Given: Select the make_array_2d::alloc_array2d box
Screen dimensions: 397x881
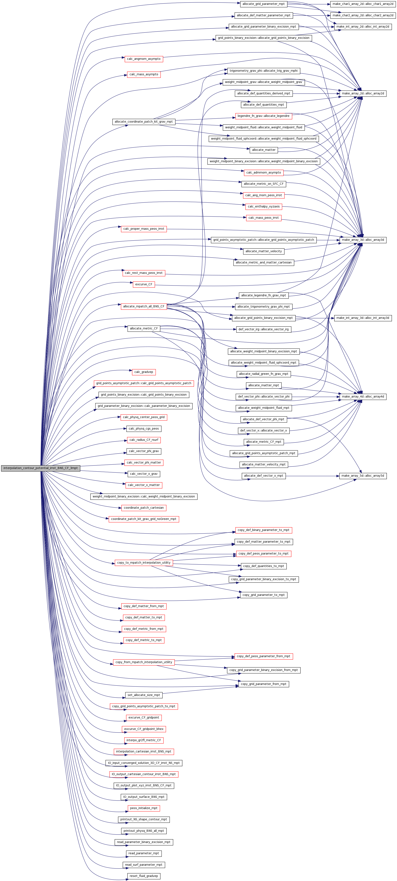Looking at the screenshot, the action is pos(363,93).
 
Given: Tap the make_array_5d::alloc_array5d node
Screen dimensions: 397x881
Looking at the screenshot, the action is pos(363,476).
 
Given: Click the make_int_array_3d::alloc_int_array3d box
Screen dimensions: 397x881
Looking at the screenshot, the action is pos(363,318).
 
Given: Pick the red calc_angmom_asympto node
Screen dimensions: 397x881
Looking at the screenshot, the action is pos(144,59).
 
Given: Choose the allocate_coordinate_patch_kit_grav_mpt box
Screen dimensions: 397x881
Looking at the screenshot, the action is pos(144,122).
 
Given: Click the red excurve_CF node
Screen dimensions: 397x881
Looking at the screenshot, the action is pos(144,284).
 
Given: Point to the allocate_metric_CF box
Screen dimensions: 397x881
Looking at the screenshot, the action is pos(144,328).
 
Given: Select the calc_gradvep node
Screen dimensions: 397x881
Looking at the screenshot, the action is pos(144,372).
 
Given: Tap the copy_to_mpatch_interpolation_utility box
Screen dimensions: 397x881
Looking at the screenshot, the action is pos(144,563).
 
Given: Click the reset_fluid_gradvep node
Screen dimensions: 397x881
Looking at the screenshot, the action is pos(144,876).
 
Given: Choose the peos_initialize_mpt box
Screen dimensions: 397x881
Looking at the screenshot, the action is pos(144,808).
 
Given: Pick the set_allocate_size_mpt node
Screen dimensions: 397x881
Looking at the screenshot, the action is pos(144,695).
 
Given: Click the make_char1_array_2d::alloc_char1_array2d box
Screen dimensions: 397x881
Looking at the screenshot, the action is pos(363,4).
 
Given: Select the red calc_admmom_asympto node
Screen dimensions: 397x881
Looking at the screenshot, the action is pos(264,173).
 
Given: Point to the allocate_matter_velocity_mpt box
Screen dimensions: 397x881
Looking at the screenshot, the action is pos(264,464).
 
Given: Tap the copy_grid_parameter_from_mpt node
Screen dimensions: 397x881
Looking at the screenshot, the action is pos(264,684).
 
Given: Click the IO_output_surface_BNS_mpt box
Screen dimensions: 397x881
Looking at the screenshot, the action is pos(144,797).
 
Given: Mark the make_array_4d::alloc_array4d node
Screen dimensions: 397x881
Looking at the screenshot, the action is pos(363,397).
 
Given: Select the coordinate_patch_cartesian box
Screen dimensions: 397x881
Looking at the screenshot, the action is pos(144,508).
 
